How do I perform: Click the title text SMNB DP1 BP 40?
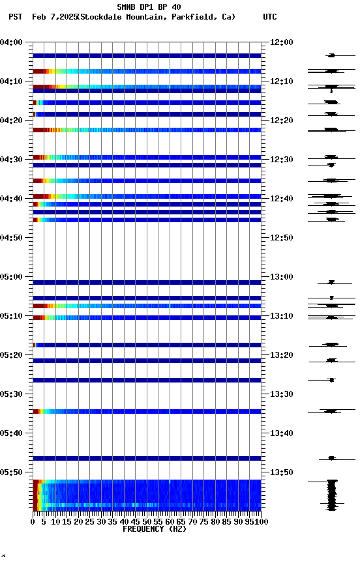(149, 7)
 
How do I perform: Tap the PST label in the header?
(16, 17)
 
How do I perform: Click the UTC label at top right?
(270, 17)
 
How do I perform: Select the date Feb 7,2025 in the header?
(53, 17)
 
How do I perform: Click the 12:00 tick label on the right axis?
(282, 42)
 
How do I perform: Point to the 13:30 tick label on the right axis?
(282, 394)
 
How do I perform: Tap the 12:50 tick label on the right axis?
(282, 238)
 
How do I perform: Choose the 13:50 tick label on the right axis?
(282, 472)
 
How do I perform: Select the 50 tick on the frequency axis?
(147, 522)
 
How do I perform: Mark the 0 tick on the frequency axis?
(33, 522)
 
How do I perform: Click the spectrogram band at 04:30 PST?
(147, 157)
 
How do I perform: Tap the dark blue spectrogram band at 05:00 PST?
(147, 282)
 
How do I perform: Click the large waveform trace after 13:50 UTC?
(332, 495)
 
